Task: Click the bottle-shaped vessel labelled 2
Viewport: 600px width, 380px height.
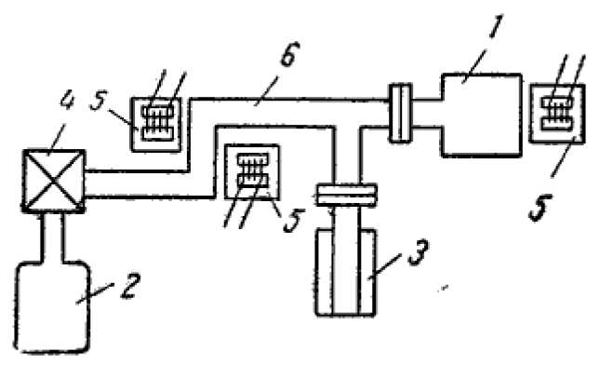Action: pyautogui.click(x=56, y=307)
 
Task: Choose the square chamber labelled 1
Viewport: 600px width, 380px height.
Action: pyautogui.click(x=483, y=115)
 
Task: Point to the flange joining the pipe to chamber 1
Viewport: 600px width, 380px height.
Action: pyautogui.click(x=401, y=112)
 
